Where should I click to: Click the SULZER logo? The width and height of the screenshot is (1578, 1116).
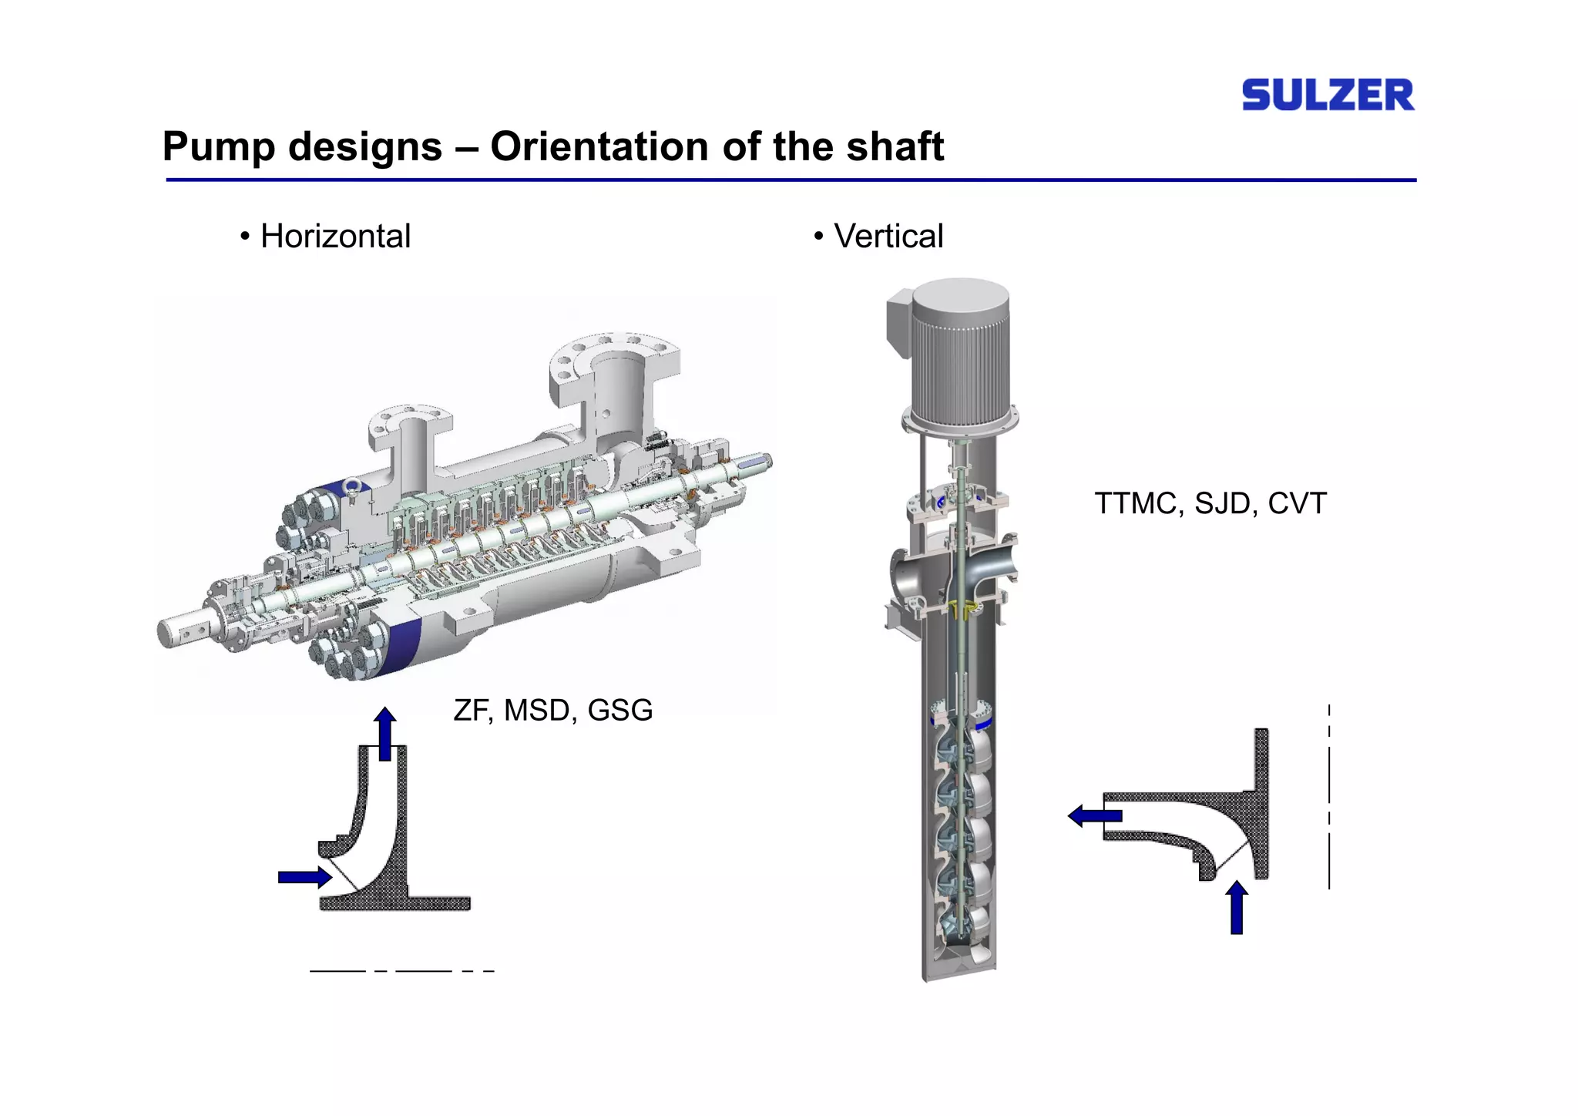1327,95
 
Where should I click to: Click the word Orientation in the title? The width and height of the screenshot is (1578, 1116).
599,146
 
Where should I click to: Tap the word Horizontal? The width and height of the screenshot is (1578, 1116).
335,236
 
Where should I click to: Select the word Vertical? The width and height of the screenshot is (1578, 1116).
888,236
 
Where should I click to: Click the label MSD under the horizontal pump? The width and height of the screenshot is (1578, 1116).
537,710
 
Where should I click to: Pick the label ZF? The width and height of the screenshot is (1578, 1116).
472,710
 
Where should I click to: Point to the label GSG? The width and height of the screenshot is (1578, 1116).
619,710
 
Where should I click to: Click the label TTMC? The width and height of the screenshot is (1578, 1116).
1136,503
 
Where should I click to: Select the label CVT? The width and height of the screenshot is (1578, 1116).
1297,503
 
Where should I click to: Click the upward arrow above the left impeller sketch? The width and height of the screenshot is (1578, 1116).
384,732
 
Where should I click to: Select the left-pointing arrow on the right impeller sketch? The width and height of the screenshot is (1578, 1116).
1094,815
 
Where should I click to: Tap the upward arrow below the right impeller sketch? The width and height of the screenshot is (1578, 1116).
1237,908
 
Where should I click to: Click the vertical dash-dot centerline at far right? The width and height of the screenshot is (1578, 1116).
1329,798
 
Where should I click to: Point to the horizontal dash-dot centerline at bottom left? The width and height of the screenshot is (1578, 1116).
401,971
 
